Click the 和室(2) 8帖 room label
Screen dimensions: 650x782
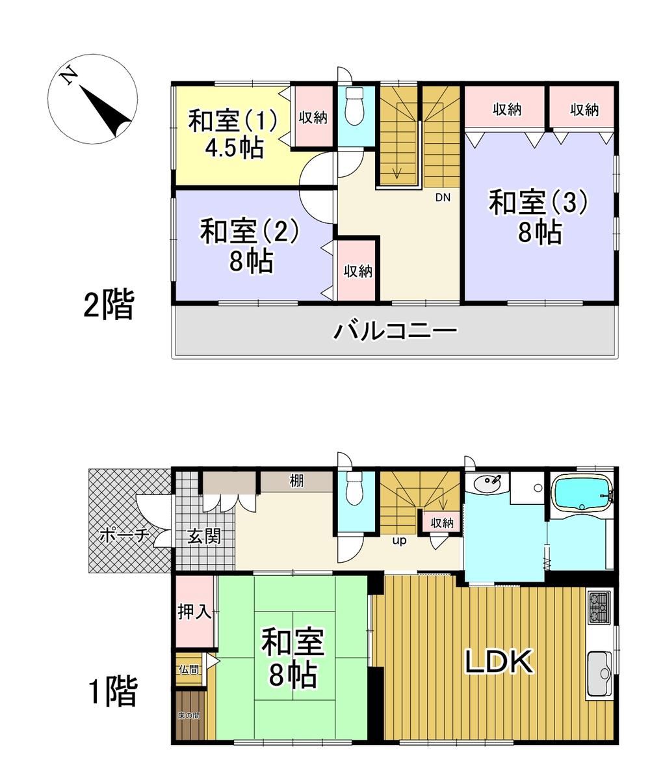point(250,245)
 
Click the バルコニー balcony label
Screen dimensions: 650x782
point(396,330)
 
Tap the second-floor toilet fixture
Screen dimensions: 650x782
point(354,106)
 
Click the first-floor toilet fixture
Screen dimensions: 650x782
point(354,489)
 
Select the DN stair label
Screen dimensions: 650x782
point(443,197)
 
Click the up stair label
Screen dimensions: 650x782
point(399,541)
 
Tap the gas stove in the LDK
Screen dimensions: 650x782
point(599,608)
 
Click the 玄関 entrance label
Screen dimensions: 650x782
point(204,536)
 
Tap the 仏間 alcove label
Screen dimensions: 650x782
point(189,669)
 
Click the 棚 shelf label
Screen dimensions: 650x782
point(296,481)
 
